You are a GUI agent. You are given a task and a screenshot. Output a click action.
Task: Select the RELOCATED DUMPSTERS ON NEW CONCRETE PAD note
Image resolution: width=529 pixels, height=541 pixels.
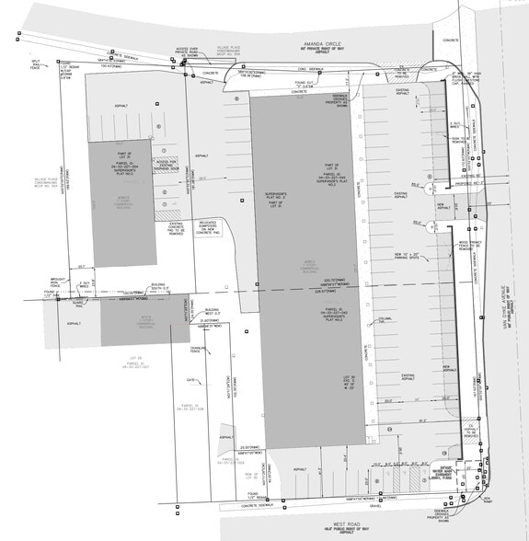point(206,225)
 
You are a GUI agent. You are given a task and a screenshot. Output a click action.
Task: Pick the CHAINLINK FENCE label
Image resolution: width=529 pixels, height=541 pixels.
point(197,350)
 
